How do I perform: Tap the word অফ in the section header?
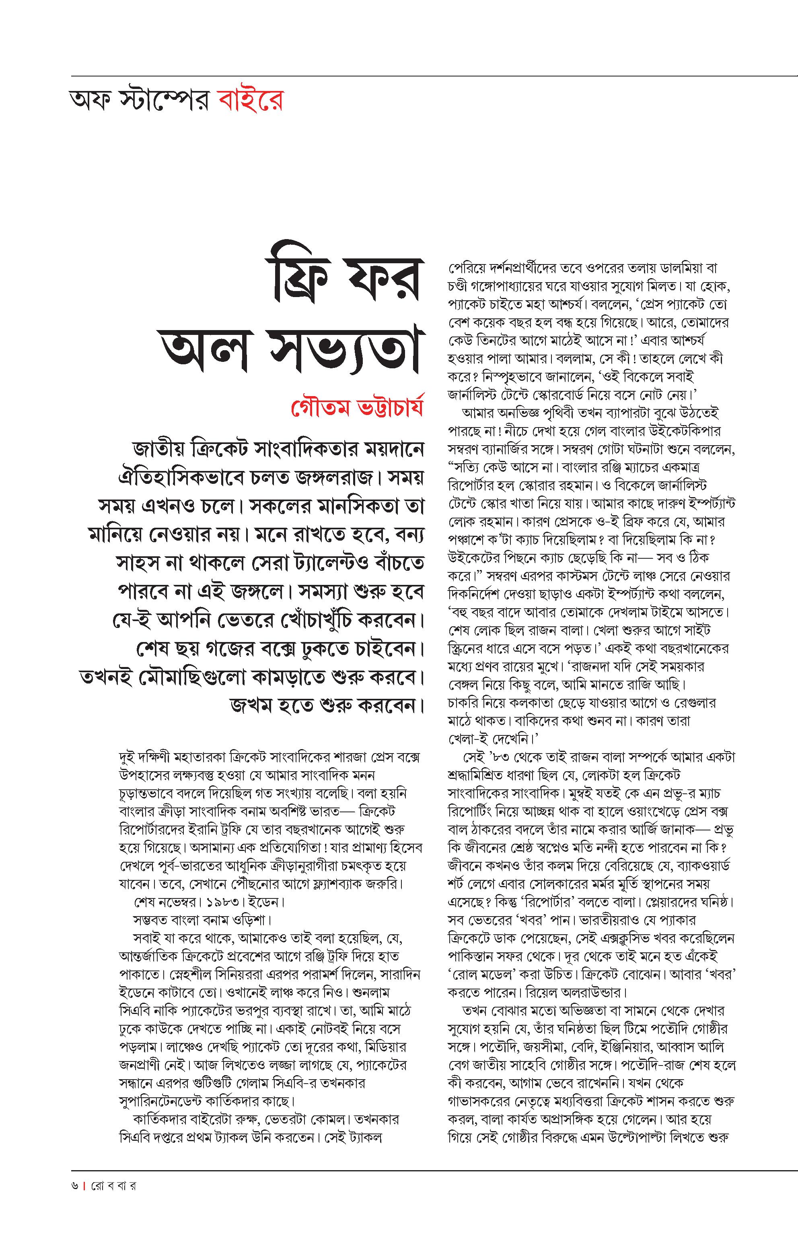pyautogui.click(x=89, y=101)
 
